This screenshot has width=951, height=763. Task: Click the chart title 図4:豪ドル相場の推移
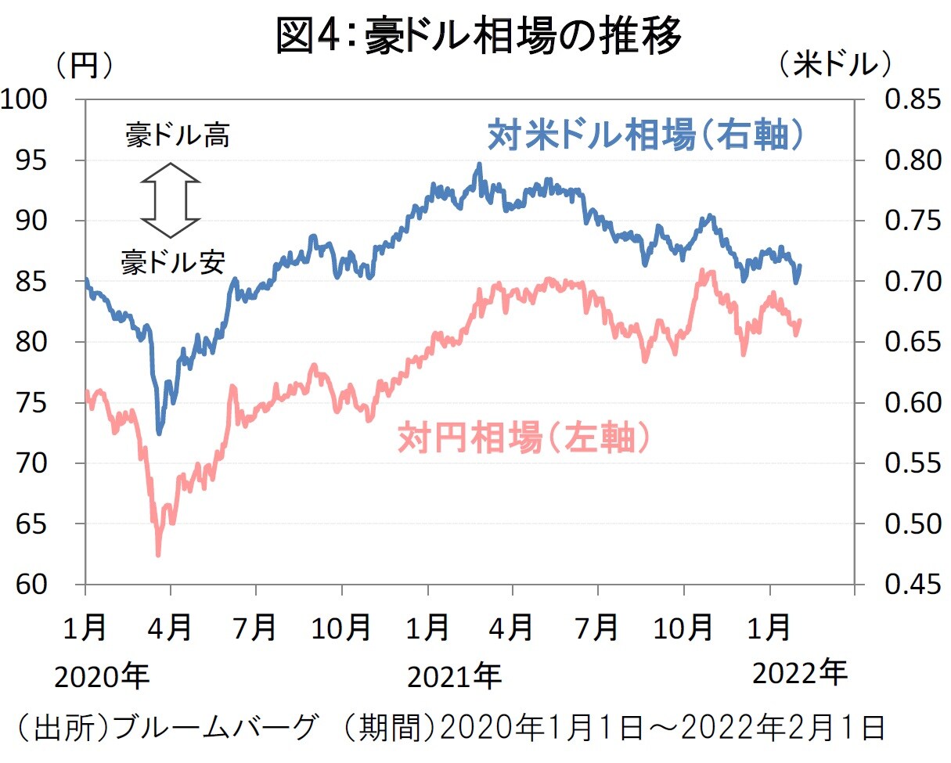tap(478, 36)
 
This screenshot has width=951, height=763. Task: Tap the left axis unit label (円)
tap(85, 66)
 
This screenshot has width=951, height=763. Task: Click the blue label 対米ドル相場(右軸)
tap(647, 135)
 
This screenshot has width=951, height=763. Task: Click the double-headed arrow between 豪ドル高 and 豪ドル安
tap(171, 200)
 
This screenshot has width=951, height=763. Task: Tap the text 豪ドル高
tap(178, 137)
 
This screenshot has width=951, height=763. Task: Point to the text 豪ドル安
tap(172, 262)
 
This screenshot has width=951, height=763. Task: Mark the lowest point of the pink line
tap(158, 555)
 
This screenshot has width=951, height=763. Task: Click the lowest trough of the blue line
tap(160, 433)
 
